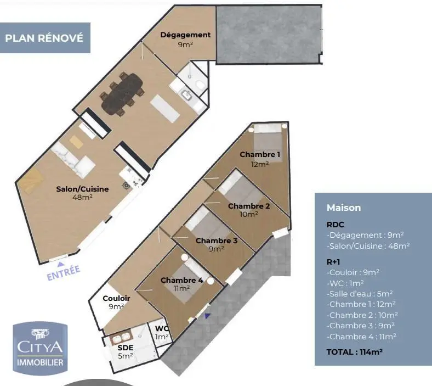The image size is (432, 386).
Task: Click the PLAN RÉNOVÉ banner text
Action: point(44,38)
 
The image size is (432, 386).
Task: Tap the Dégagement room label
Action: point(185,35)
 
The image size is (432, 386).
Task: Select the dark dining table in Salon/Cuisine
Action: point(122,94)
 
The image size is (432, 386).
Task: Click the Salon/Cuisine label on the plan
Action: point(82,189)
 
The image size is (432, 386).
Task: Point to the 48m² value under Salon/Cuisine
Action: point(82,197)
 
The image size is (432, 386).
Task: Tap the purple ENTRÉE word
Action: point(64,272)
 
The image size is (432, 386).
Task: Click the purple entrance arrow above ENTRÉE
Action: point(60,264)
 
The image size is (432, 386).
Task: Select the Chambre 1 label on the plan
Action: point(260,154)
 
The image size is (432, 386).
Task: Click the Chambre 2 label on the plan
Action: point(249,206)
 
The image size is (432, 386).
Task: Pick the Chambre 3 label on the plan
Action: point(217,240)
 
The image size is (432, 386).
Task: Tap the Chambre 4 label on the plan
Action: point(182,280)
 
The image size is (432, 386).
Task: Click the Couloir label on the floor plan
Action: point(116,298)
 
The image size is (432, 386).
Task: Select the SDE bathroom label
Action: point(126,348)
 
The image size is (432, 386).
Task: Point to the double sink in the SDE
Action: point(121,337)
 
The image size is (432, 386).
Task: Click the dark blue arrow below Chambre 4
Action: point(207,316)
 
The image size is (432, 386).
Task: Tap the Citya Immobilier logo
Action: point(40,348)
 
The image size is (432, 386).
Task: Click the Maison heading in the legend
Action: point(344,208)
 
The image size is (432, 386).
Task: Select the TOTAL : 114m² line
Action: point(354,352)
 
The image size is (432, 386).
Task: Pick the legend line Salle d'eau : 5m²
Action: point(360,294)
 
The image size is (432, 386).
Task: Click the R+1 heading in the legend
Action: point(333,262)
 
